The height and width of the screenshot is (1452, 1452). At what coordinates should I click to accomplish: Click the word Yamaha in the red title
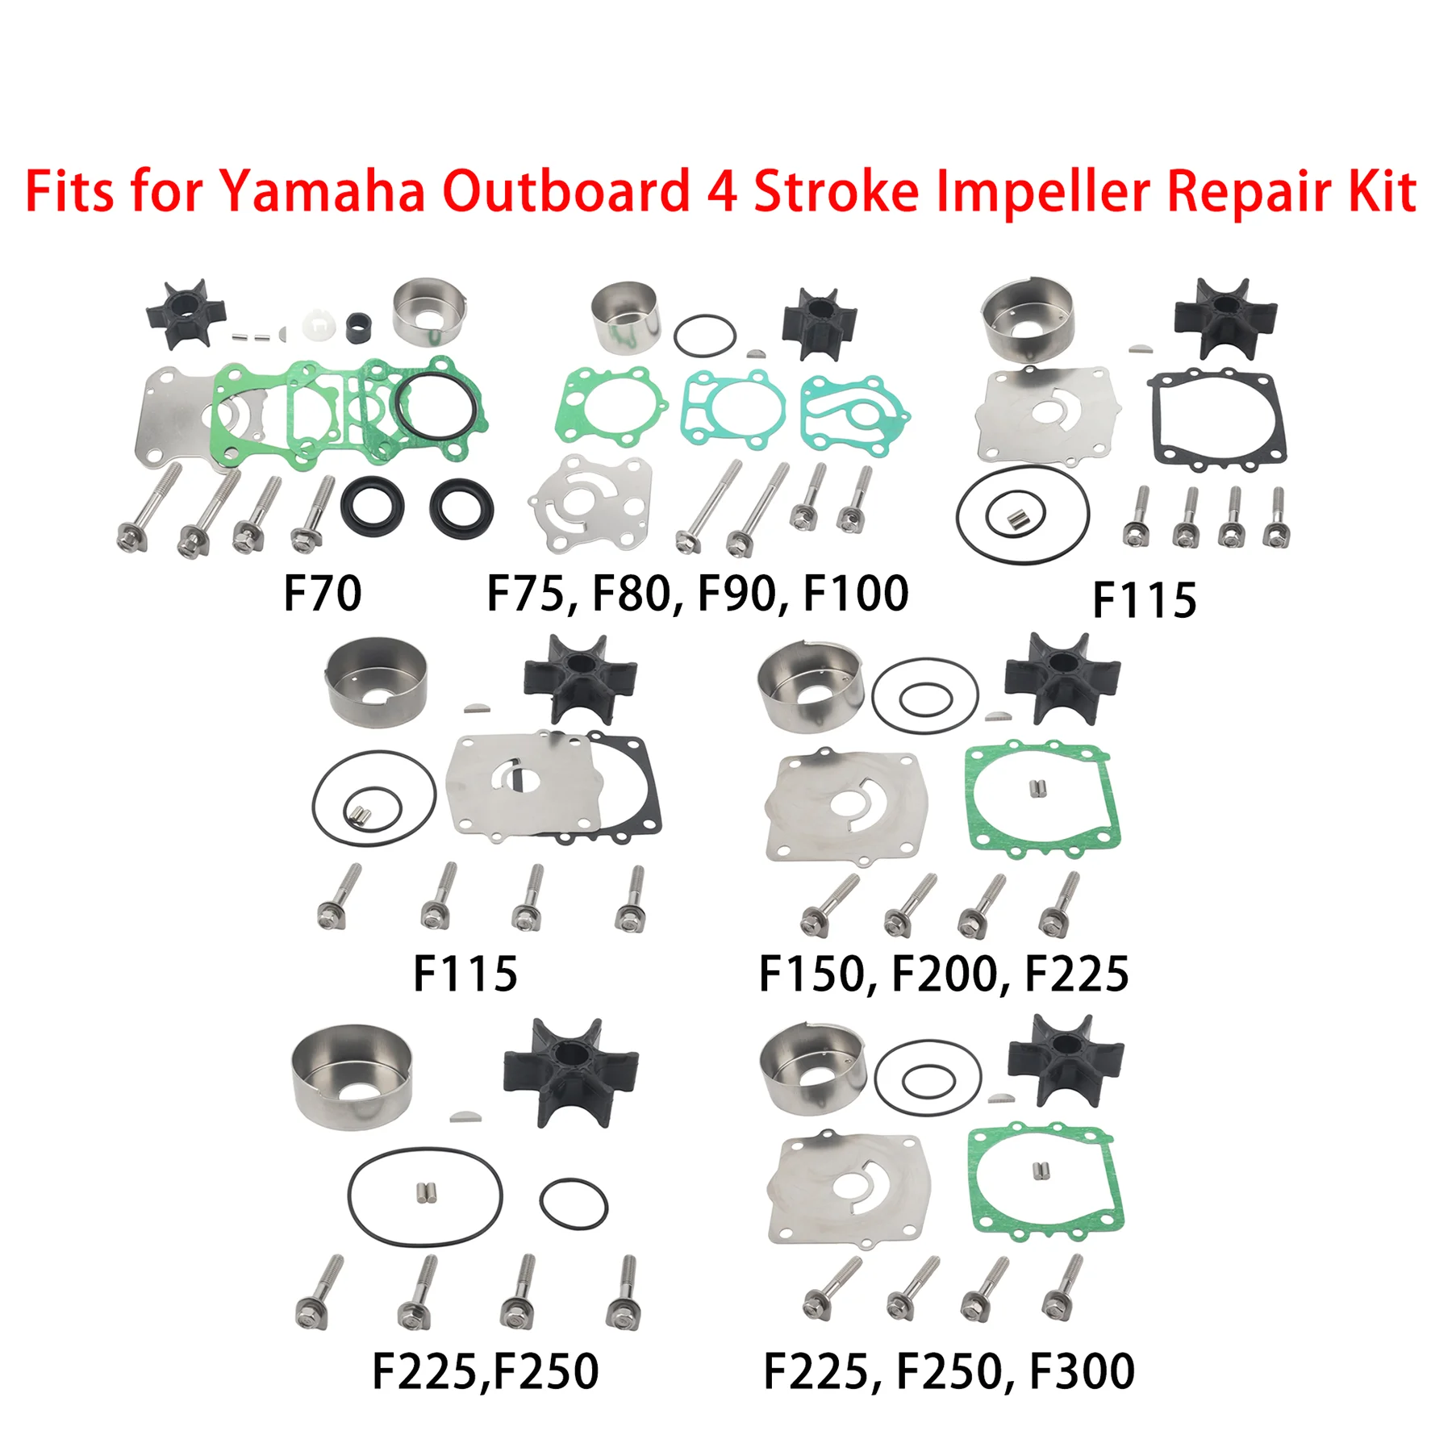point(322,193)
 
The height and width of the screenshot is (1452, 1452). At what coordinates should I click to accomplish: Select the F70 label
point(322,594)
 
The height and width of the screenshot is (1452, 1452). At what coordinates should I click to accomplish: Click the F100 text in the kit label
point(856,594)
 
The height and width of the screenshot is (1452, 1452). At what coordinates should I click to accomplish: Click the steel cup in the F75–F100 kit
point(626,316)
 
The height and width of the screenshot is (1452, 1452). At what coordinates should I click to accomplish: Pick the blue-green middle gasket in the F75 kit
point(734,409)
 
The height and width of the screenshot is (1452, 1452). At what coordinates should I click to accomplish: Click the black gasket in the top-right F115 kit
point(1216,419)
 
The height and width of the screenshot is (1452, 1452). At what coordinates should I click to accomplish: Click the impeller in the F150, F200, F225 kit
point(1062,678)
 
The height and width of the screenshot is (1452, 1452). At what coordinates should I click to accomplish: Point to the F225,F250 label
point(485,1371)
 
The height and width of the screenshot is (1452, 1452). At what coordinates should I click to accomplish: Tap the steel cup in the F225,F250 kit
point(353,1076)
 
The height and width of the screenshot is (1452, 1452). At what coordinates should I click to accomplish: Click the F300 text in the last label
point(1083,1371)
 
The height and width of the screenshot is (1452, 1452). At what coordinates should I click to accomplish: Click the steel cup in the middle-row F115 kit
point(376,682)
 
